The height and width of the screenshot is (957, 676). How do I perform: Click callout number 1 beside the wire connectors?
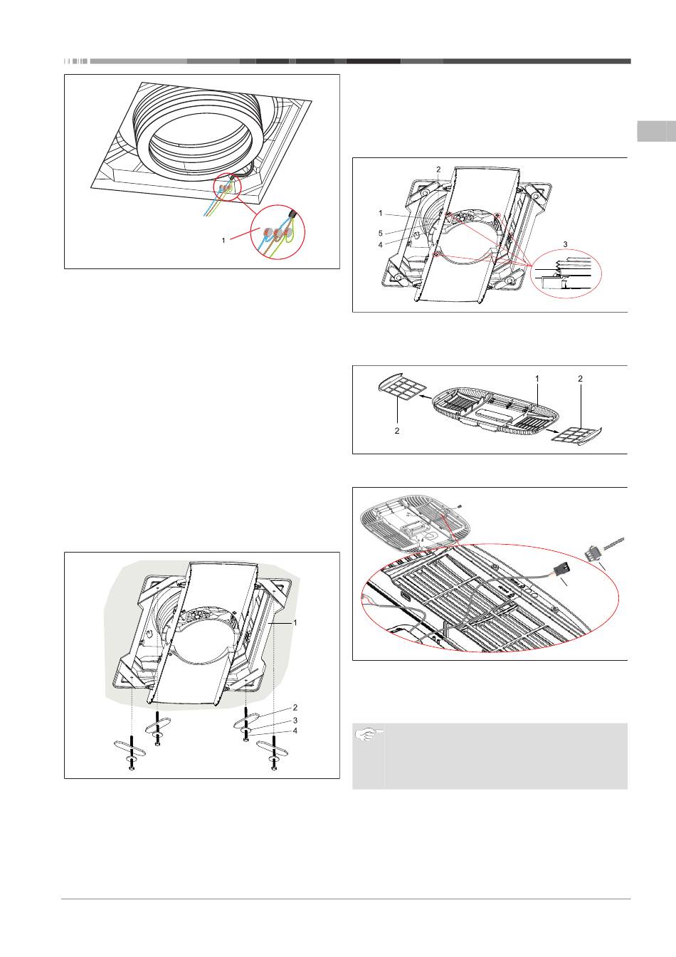223,241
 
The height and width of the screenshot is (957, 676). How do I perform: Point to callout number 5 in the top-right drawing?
381,232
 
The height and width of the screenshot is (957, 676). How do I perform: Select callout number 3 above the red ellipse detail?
566,244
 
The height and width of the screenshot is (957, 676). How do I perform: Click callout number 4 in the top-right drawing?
381,245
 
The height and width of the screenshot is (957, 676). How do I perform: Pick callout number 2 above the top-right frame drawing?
438,169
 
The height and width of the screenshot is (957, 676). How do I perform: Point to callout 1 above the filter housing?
537,379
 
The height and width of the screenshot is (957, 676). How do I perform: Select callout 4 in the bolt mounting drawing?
295,731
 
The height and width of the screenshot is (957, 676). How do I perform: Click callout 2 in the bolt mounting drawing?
295,708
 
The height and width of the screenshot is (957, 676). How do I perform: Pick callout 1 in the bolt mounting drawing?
295,622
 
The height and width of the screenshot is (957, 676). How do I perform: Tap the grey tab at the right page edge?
655,132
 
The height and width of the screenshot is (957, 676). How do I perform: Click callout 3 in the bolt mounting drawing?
295,720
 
